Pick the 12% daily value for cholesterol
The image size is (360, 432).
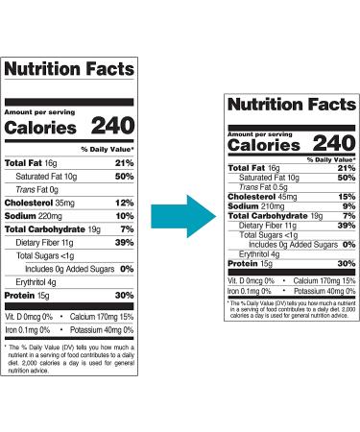click(123, 203)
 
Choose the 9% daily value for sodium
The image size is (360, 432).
click(348, 205)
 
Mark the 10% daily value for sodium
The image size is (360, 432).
click(124, 216)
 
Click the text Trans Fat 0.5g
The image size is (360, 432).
click(267, 186)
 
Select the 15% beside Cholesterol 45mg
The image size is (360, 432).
click(346, 196)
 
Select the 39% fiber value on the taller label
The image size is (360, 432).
click(124, 244)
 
